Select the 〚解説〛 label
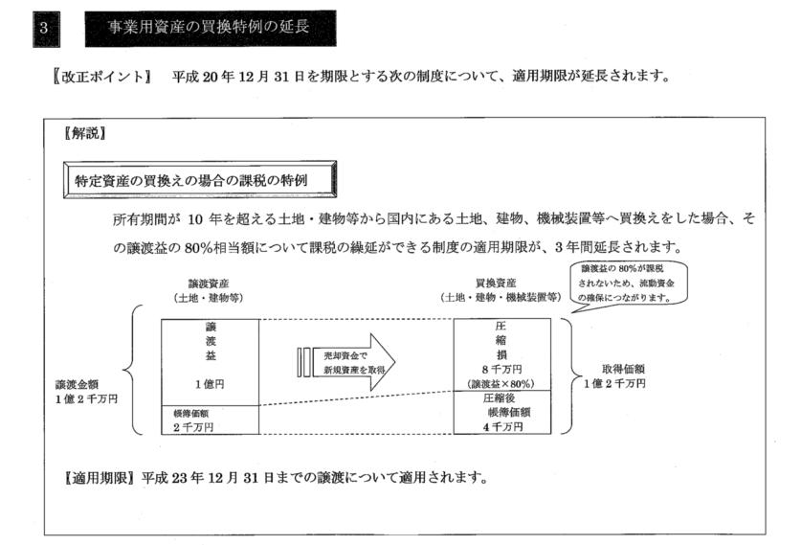point(82,134)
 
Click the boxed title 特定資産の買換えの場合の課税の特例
point(198,179)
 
